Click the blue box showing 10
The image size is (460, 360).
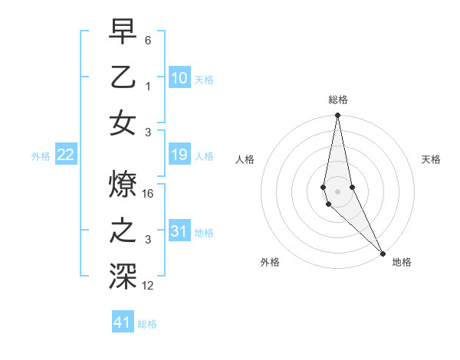[179, 77]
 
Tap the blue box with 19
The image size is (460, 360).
[179, 155]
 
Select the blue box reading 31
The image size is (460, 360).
[179, 231]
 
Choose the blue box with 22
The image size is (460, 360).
[66, 155]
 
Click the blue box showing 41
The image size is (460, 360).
[123, 322]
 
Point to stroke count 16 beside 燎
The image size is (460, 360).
[149, 195]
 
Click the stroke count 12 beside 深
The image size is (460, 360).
[149, 286]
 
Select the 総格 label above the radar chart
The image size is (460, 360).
[338, 100]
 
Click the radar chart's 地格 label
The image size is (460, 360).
[402, 262]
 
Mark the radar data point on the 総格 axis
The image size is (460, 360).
[337, 116]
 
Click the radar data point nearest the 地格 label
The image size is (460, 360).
[383, 253]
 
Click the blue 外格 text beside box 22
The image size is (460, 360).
[41, 156]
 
